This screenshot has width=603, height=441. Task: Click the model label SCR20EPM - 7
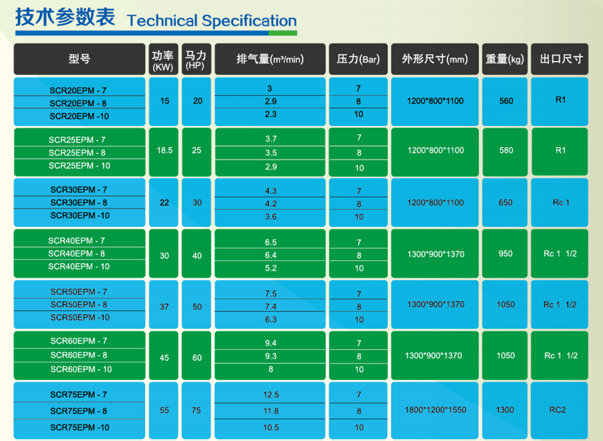[x=78, y=91]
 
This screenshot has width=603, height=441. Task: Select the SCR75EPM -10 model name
[x=79, y=427]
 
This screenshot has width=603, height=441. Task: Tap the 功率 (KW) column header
[x=163, y=61]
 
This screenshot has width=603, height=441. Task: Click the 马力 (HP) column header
[x=196, y=60]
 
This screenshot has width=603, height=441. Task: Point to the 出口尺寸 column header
[x=561, y=59]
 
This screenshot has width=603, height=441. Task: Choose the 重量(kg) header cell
[x=505, y=59]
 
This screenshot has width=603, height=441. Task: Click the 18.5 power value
[x=165, y=150]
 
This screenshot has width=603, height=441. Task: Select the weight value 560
[x=506, y=100]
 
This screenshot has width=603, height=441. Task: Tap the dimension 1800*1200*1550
[x=435, y=410]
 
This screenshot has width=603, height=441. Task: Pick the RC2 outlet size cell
[x=557, y=410]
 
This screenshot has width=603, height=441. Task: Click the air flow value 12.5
[x=271, y=394]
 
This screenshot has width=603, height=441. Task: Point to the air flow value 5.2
[x=271, y=268]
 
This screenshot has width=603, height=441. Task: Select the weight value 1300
[x=505, y=410]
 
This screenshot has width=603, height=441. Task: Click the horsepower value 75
[x=196, y=410]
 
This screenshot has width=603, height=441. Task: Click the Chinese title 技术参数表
[x=65, y=17]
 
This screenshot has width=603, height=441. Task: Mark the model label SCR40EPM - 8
[x=77, y=253]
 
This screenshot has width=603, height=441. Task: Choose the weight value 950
[x=505, y=253]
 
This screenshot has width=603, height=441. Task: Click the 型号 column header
[x=79, y=59]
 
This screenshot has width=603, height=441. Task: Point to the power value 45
[x=164, y=358]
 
